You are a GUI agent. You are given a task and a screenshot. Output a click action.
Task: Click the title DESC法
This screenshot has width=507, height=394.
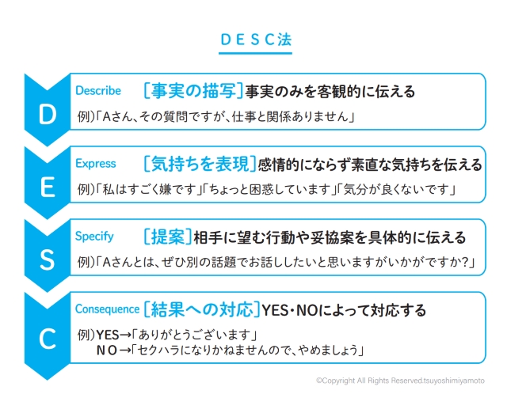[253, 40]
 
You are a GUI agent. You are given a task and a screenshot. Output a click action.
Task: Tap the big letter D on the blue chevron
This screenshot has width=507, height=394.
[47, 115]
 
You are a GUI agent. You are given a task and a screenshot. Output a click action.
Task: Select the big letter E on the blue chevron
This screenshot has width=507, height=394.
[47, 188]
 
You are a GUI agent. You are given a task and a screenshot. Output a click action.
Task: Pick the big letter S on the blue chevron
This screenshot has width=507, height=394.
[47, 260]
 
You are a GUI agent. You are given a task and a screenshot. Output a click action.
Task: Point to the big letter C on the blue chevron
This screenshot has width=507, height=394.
[47, 339]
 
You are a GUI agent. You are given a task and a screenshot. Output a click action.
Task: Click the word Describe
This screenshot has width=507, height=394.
[98, 91]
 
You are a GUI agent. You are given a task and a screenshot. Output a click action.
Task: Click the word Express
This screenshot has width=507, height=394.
[95, 164]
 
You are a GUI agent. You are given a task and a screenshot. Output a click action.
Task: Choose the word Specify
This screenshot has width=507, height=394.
[94, 237]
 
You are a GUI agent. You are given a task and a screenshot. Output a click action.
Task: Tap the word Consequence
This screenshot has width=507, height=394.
[107, 309]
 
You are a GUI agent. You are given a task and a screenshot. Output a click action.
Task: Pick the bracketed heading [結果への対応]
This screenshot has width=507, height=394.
[202, 309]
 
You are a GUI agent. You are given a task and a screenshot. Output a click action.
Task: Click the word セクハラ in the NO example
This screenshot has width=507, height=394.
[166, 349]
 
